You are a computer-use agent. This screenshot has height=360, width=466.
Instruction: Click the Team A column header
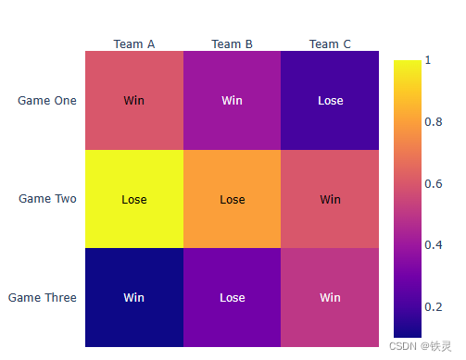(x=134, y=43)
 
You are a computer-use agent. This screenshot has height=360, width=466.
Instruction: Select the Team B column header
(x=232, y=43)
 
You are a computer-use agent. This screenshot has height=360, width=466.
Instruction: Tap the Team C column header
(x=330, y=43)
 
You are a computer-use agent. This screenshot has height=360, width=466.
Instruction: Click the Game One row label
(x=47, y=100)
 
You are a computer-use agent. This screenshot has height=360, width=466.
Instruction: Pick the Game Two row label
(x=47, y=198)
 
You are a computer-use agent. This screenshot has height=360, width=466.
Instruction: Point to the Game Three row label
(x=43, y=297)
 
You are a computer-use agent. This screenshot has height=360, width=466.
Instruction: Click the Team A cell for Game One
(x=134, y=100)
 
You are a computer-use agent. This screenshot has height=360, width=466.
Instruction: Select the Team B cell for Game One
(x=232, y=100)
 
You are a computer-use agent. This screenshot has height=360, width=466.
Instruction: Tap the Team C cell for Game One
(x=330, y=100)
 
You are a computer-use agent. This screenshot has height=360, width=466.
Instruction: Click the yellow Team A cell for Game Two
(x=134, y=198)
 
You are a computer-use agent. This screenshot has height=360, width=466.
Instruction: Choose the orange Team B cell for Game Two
(x=232, y=198)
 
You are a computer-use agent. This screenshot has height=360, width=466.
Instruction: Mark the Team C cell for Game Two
(x=330, y=198)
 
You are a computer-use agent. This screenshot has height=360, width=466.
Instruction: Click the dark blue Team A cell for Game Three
(x=134, y=297)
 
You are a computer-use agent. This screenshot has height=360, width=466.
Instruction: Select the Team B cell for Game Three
(x=232, y=297)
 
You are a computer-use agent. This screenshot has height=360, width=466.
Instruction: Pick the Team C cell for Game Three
(x=330, y=297)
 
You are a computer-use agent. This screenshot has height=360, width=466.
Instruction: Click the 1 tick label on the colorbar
(x=428, y=60)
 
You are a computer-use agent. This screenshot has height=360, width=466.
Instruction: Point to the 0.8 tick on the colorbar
(x=433, y=121)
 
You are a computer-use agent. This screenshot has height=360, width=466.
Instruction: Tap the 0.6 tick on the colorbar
(x=433, y=183)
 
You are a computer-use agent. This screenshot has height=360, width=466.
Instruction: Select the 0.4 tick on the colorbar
(x=433, y=244)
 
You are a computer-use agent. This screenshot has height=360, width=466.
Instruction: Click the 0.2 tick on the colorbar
(x=433, y=306)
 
